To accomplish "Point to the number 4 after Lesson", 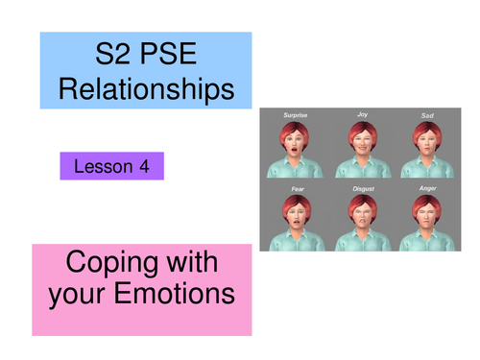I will (143, 166).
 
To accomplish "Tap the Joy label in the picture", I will (362, 115).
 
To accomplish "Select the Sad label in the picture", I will (427, 116).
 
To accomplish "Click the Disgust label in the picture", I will (362, 189).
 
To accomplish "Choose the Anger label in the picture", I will (427, 189).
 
